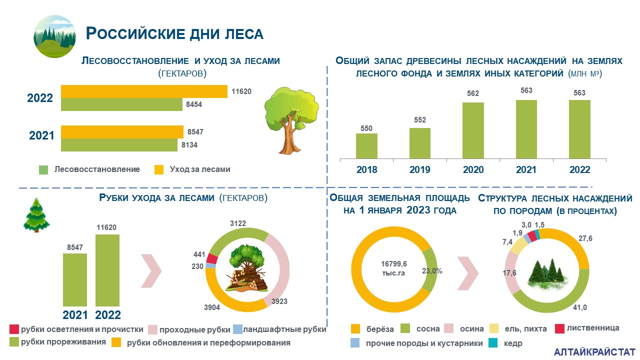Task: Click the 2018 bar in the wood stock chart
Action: (366, 146)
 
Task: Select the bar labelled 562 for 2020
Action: (473, 130)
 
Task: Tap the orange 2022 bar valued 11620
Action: (144, 91)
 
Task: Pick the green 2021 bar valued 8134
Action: (119, 145)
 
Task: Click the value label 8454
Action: (194, 104)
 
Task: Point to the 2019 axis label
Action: (419, 169)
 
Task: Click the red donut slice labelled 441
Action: (212, 258)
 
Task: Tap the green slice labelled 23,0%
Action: (429, 270)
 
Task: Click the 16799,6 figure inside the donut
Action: (394, 263)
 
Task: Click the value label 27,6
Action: (585, 238)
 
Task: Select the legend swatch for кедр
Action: (493, 343)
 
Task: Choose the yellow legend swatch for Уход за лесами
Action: (159, 169)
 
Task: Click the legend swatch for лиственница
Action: (559, 328)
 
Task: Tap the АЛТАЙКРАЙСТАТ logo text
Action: (594, 352)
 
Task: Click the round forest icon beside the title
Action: (54, 36)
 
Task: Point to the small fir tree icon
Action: (36, 215)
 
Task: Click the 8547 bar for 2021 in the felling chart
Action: (75, 280)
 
